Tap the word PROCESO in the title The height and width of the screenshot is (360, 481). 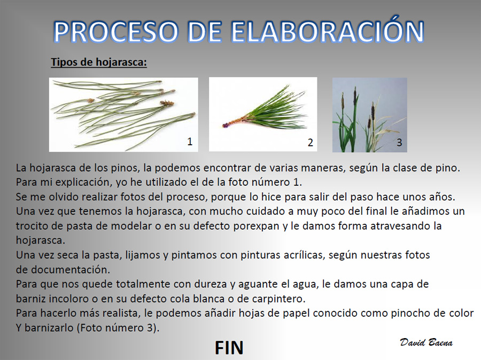point(115,32)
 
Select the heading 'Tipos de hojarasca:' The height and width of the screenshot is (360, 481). point(99,62)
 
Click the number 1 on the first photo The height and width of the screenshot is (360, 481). point(190,142)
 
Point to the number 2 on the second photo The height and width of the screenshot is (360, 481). point(310,142)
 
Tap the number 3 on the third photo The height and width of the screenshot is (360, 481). point(399,142)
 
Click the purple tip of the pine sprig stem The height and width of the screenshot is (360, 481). point(226,125)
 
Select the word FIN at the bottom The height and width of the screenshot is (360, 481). point(229,347)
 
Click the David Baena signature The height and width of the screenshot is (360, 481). point(426,342)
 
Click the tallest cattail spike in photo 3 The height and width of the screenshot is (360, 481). point(355,95)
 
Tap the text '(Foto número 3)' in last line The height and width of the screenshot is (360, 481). point(118,328)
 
